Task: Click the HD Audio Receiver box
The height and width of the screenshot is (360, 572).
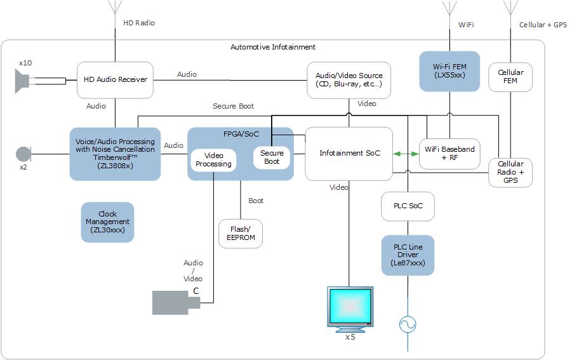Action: click(115, 80)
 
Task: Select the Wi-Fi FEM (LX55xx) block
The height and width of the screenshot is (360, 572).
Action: click(449, 71)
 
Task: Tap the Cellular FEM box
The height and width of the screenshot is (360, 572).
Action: click(510, 77)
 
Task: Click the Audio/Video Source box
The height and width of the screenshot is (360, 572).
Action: click(349, 80)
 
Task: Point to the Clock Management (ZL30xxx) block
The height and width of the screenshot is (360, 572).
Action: click(107, 222)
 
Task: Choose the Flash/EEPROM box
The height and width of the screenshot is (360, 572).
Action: click(240, 234)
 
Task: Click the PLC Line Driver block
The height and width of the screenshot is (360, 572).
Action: click(408, 255)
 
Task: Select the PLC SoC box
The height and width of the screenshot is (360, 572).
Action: click(408, 206)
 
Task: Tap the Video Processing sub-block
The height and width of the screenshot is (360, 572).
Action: click(213, 160)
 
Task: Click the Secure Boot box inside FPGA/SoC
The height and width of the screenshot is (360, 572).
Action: click(272, 157)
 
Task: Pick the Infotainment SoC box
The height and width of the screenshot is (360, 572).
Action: click(349, 154)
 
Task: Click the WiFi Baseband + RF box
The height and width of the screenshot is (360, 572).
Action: click(449, 154)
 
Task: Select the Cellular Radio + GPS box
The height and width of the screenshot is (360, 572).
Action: click(510, 172)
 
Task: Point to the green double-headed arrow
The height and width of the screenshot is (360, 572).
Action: click(406, 154)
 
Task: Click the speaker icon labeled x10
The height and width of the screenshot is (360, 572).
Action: click(23, 81)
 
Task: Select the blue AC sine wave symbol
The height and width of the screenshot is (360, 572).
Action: click(408, 325)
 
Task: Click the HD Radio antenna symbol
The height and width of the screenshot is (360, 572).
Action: click(115, 8)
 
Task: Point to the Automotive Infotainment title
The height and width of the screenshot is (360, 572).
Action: click(272, 48)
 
